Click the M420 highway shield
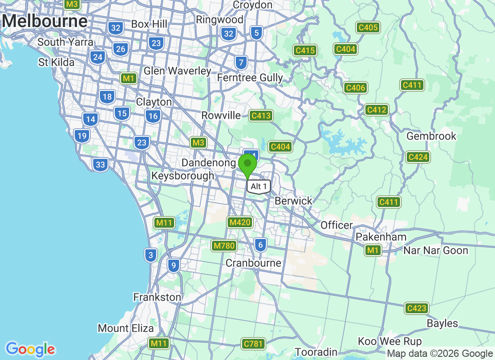coord(240,222)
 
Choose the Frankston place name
coord(157,297)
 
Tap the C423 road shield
coord(416,308)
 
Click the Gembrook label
coord(431,136)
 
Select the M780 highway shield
coord(224,246)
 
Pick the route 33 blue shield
coord(100,165)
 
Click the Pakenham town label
coord(381,237)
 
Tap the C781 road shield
coord(252,344)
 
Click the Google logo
coord(31,349)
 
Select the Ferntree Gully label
coord(250,78)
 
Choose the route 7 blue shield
coord(241,63)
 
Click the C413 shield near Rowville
coord(261,116)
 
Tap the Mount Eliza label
coord(126,328)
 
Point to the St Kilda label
coord(56,62)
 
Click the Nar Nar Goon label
coord(436,250)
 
